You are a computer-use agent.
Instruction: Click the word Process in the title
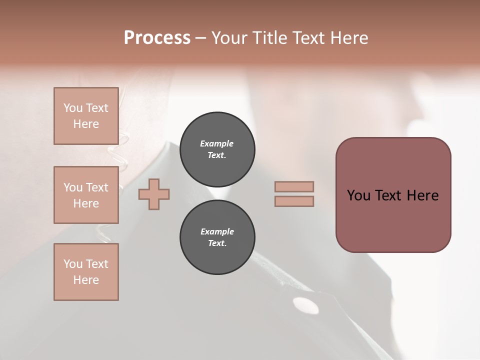(x=157, y=38)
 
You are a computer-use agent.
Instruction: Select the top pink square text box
(x=86, y=116)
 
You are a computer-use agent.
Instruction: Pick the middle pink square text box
(x=86, y=195)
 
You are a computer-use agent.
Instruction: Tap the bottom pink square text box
(x=86, y=271)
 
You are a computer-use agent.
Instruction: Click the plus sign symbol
(x=154, y=194)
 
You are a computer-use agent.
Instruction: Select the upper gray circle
(x=217, y=149)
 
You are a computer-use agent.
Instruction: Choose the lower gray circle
(x=217, y=237)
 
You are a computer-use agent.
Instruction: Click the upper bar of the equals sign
(x=294, y=186)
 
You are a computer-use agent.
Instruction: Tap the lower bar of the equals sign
(x=294, y=201)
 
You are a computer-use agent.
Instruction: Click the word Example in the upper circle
(x=217, y=143)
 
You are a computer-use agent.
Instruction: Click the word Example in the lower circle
(x=217, y=231)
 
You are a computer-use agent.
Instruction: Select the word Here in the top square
(x=86, y=124)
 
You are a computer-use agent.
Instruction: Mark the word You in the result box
(x=358, y=195)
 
